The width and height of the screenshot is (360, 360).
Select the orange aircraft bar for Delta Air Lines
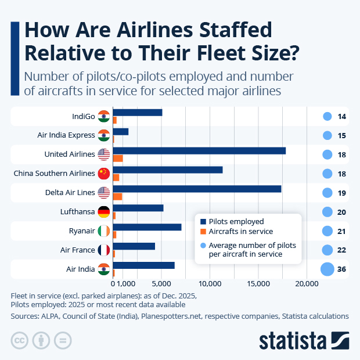[117, 196]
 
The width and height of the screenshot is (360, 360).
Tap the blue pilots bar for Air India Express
[120, 131]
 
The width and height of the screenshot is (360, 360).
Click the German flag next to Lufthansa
[104, 212]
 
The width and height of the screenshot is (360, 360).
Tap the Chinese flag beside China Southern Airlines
[104, 174]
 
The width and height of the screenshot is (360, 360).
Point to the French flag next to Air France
[104, 250]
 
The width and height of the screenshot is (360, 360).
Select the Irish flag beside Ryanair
[104, 231]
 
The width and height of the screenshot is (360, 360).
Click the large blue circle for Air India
[327, 269]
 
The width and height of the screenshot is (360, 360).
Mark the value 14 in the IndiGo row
[342, 117]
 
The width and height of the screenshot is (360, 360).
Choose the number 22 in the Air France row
[342, 250]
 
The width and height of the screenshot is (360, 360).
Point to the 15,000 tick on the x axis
[258, 284]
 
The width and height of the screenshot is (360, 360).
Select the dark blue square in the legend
[203, 222]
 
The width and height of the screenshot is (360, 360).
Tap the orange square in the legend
[203, 232]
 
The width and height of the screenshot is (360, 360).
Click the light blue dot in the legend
[203, 245]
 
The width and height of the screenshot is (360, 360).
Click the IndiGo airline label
[83, 117]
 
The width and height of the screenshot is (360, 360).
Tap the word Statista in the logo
[293, 340]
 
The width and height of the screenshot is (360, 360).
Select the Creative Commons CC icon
[20, 340]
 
